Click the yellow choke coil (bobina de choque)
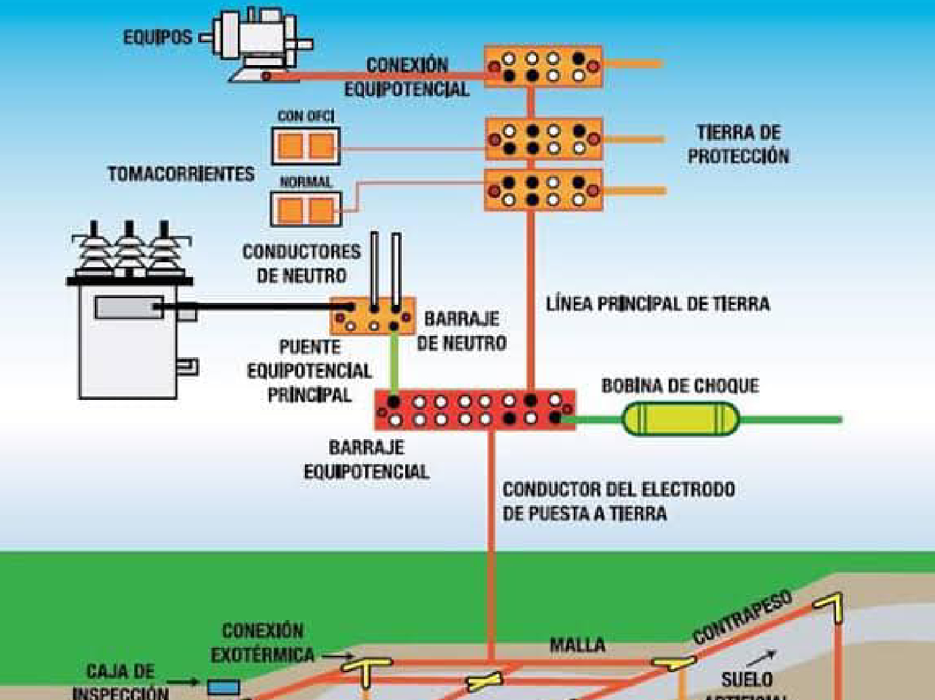point(680,419)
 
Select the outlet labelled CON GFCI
point(306,146)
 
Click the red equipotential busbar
point(475,410)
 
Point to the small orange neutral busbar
point(373,316)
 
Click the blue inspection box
point(223,687)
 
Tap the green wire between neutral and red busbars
point(393,362)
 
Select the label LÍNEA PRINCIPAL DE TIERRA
point(658,304)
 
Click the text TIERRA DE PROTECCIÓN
point(739,144)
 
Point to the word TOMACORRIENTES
point(181,174)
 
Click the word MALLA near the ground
point(577,644)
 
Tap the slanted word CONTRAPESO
point(742,617)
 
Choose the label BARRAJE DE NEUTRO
point(461,331)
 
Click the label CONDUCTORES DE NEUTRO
point(302,264)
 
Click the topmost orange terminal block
point(543,66)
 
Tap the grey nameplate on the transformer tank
point(128,308)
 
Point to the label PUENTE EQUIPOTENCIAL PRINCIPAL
point(310,371)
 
